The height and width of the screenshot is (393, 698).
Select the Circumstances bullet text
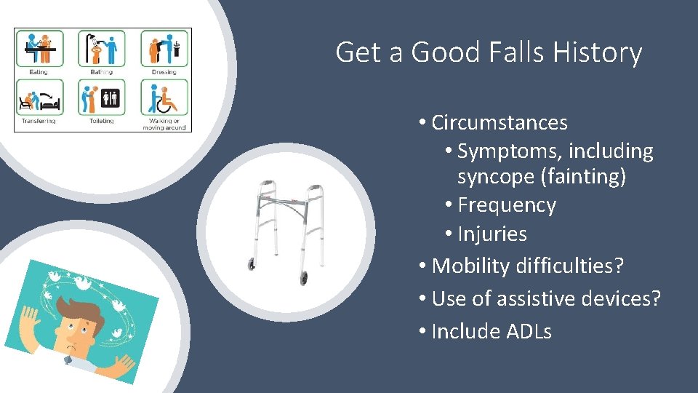click(499, 123)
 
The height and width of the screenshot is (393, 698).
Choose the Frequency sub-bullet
click(506, 206)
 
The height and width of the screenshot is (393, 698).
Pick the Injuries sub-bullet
click(492, 234)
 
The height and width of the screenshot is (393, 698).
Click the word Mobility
click(471, 266)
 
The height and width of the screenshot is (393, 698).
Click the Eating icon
click(39, 49)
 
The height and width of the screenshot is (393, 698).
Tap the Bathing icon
click(102, 49)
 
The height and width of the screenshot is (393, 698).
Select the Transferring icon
click(39, 98)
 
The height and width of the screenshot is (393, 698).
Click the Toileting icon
click(102, 98)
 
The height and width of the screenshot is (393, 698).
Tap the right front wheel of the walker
click(303, 277)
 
